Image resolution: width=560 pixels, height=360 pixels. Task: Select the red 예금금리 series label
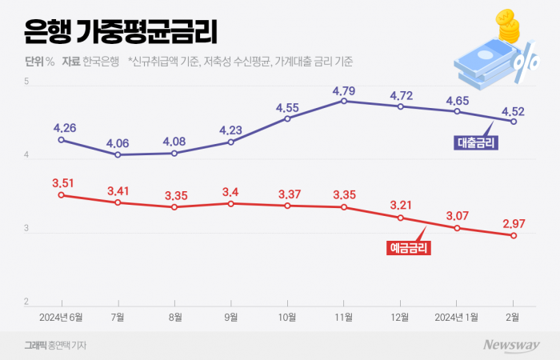(x=408, y=249)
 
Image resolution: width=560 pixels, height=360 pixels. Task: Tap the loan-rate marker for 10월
(x=287, y=118)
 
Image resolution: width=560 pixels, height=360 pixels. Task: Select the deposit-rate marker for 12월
(x=401, y=218)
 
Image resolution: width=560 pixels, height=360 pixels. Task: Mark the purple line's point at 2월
(x=514, y=122)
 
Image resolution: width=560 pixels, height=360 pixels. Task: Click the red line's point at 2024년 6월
(x=62, y=194)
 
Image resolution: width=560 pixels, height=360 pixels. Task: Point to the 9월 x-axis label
(x=231, y=317)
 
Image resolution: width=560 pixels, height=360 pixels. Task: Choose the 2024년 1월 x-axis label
(x=456, y=317)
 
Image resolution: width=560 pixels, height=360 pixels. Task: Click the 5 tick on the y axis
(x=26, y=82)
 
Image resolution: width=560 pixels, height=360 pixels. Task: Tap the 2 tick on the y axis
(x=26, y=302)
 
